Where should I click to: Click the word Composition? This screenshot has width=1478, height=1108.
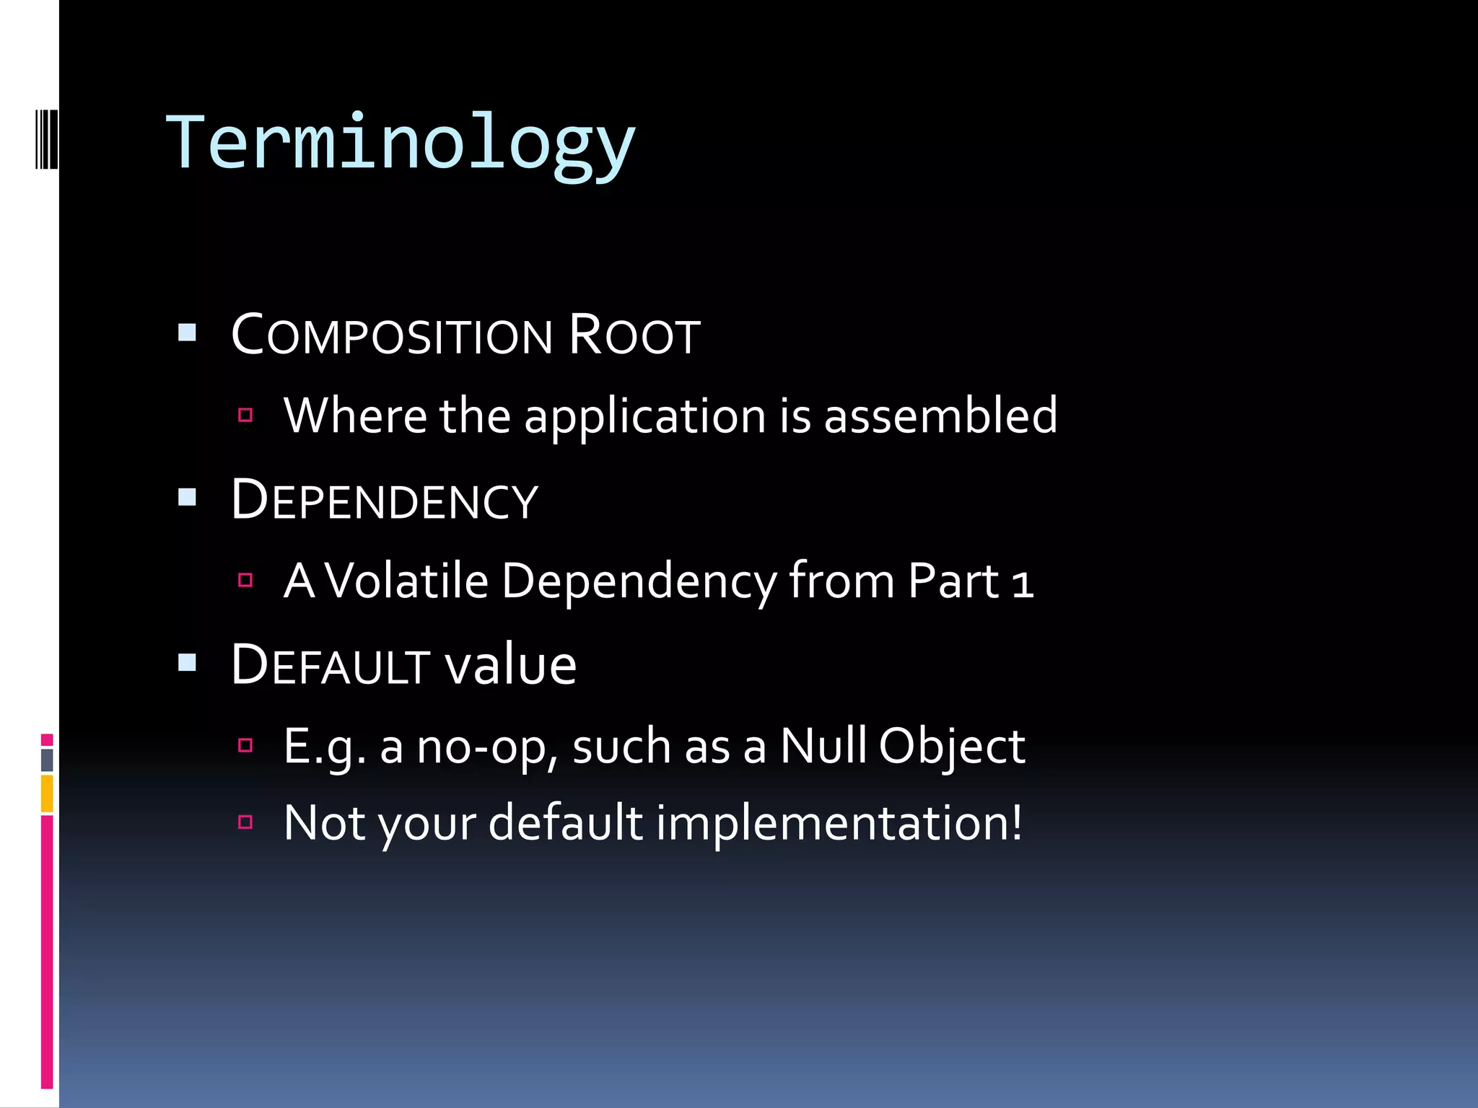tap(392, 336)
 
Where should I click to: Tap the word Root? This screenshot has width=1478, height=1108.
tap(634, 336)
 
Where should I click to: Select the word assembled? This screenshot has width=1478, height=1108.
tap(940, 416)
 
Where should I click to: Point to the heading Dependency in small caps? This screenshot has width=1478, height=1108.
tap(385, 501)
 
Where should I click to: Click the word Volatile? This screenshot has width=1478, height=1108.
tap(407, 581)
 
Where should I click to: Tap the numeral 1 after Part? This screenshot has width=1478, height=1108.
tap(1022, 583)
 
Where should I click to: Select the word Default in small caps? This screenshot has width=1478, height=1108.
tap(330, 665)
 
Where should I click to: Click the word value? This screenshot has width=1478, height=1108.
tap(510, 665)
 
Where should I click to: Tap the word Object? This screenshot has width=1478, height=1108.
tap(952, 747)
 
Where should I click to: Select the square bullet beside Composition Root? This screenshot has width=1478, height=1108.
tap(188, 333)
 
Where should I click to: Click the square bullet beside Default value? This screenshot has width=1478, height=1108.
tap(188, 662)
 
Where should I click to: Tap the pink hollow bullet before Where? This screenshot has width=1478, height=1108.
tap(245, 415)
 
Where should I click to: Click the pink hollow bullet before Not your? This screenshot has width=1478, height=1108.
tap(245, 822)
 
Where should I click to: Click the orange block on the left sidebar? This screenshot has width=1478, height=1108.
tap(47, 793)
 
